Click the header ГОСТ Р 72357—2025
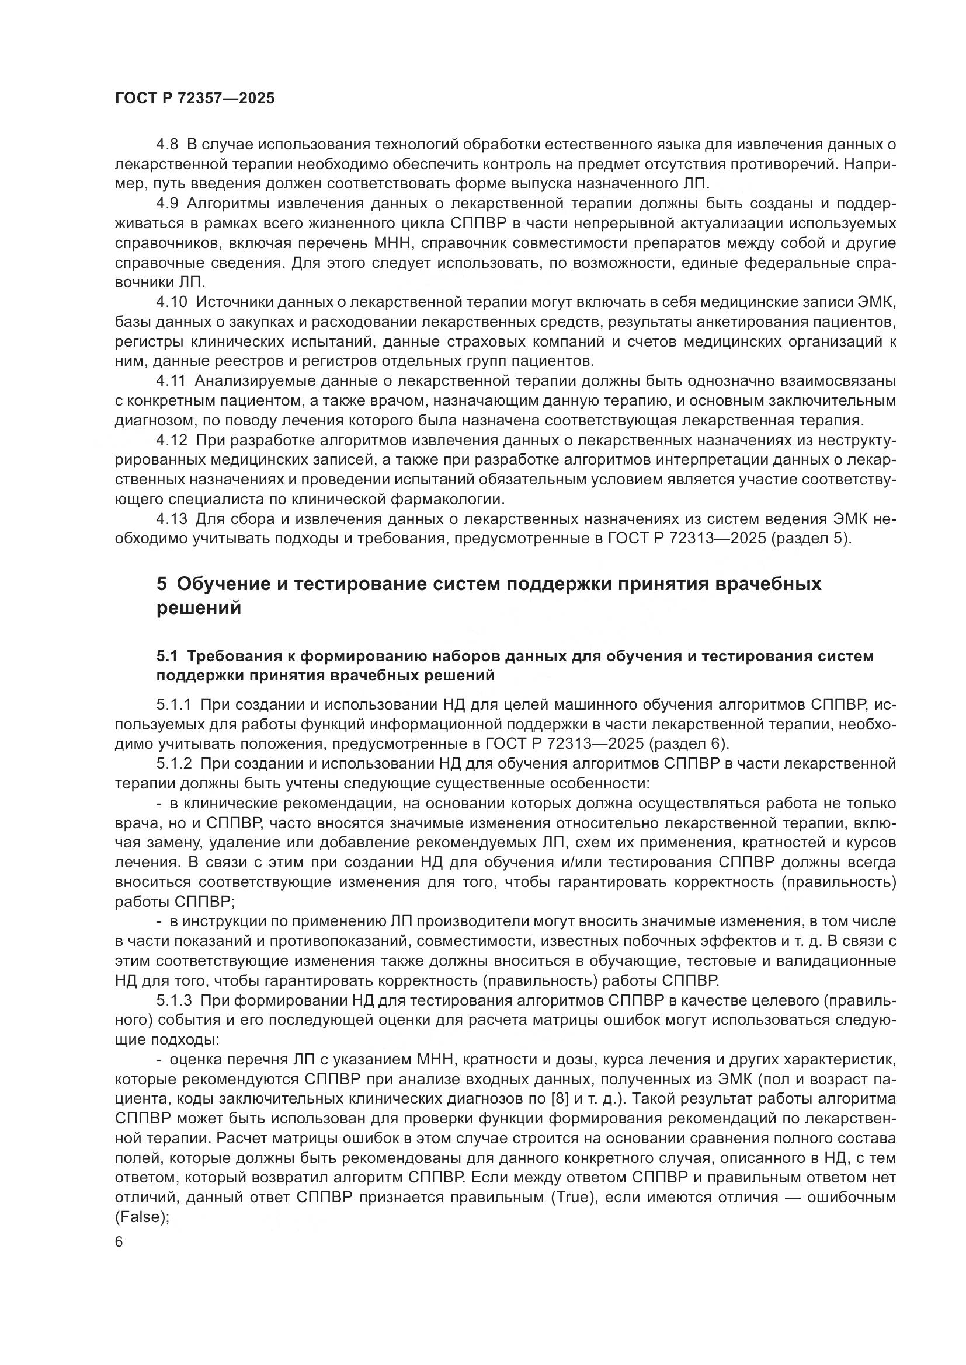[194, 98]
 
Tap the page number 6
[119, 1242]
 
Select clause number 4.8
[167, 145]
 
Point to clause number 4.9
[167, 204]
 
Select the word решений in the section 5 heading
[199, 608]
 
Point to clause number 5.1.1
[173, 705]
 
